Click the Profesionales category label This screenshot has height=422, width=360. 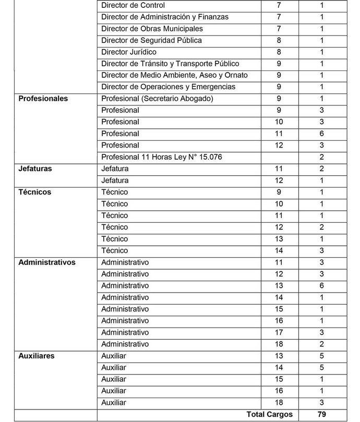pos(43,99)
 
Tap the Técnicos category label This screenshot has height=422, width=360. pos(35,192)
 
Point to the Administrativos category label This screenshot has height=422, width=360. pos(47,262)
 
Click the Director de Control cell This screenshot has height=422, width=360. pos(133,5)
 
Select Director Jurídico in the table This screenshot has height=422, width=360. pos(129,52)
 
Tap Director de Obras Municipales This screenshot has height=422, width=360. pos(152,29)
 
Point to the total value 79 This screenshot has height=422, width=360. pos(321,415)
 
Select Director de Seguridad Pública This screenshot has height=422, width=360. pos(152,40)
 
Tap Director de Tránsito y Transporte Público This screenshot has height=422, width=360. pos(170,64)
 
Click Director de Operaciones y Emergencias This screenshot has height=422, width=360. pos(169,87)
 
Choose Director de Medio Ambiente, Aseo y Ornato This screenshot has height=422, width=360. pos(174,75)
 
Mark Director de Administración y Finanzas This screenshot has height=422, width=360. pos(165,17)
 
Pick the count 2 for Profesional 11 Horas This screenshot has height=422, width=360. pos(321,157)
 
